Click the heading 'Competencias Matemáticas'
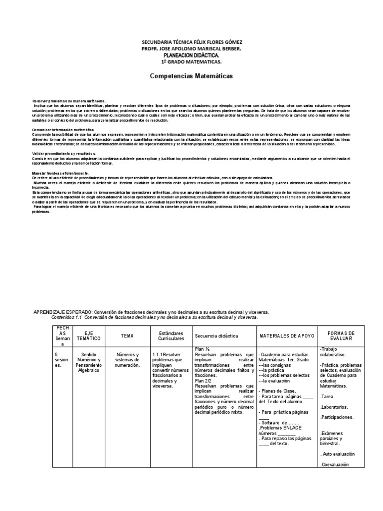point(191,76)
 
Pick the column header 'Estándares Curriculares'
point(171,336)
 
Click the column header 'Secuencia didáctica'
point(216,336)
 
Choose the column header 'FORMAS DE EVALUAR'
point(341,336)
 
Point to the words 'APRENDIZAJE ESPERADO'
point(62,312)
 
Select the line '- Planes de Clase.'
point(278,390)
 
